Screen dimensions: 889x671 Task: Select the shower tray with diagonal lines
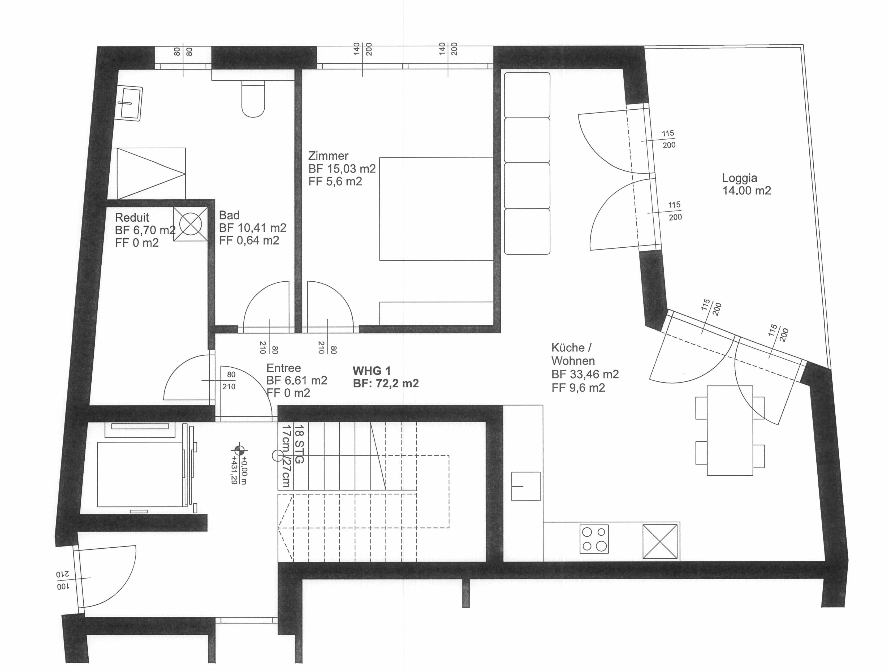[x=151, y=173]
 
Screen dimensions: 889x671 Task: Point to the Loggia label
[x=740, y=178]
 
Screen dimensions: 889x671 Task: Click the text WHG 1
[x=371, y=371]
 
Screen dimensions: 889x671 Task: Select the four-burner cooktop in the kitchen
[x=594, y=539]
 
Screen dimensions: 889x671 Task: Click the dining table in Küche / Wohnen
[x=730, y=430]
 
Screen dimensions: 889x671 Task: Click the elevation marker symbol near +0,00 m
[x=239, y=450]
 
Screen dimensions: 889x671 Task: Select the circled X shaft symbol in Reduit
[x=191, y=224]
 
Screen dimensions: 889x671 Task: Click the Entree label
[x=284, y=368]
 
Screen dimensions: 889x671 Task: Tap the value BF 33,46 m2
[x=585, y=374]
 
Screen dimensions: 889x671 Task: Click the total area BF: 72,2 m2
[x=386, y=384]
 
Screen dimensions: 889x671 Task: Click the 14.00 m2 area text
[x=747, y=191]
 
